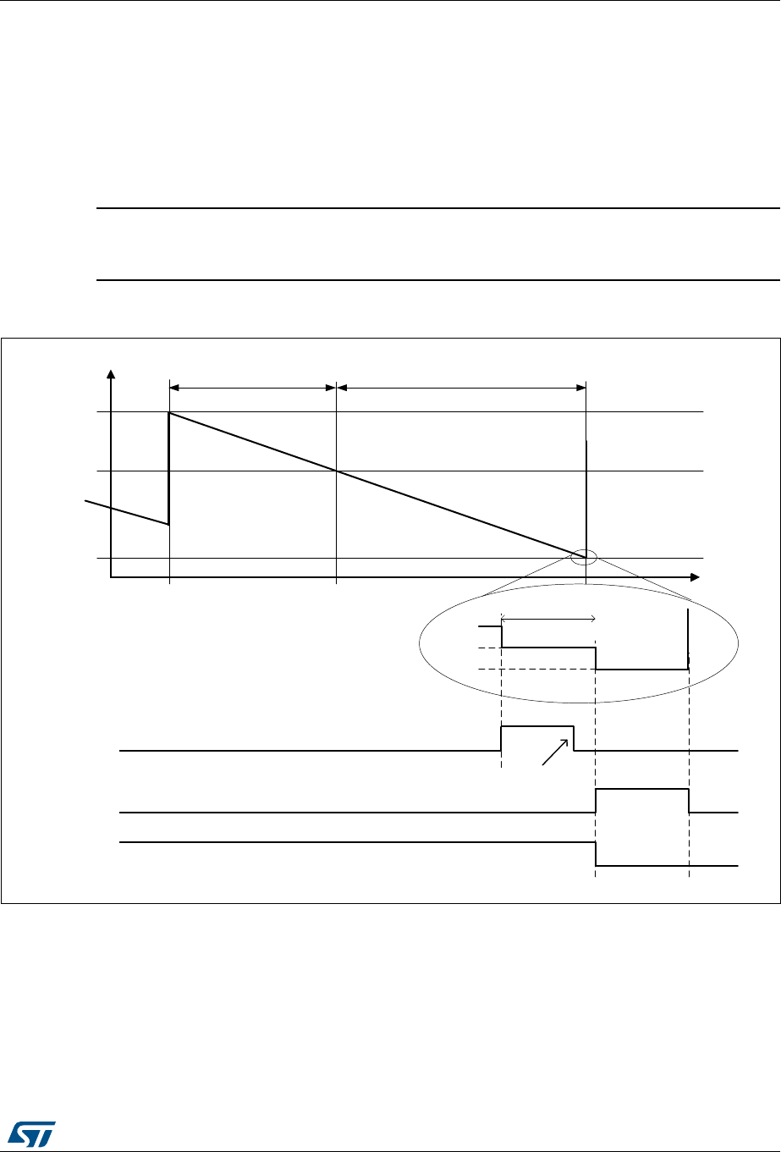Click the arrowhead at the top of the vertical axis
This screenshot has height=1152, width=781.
coord(109,374)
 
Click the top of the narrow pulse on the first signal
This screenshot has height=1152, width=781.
coord(537,726)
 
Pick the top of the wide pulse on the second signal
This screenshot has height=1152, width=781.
coord(642,789)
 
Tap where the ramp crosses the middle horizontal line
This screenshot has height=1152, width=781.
coord(337,471)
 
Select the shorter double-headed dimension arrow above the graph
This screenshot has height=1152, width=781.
coord(253,388)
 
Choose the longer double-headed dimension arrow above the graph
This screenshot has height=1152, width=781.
coord(461,388)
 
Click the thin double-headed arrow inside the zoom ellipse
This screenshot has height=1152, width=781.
coord(549,618)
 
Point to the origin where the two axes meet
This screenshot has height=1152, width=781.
coord(110,577)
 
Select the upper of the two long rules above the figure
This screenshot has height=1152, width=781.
coord(437,207)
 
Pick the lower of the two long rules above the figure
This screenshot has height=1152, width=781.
coord(437,279)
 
